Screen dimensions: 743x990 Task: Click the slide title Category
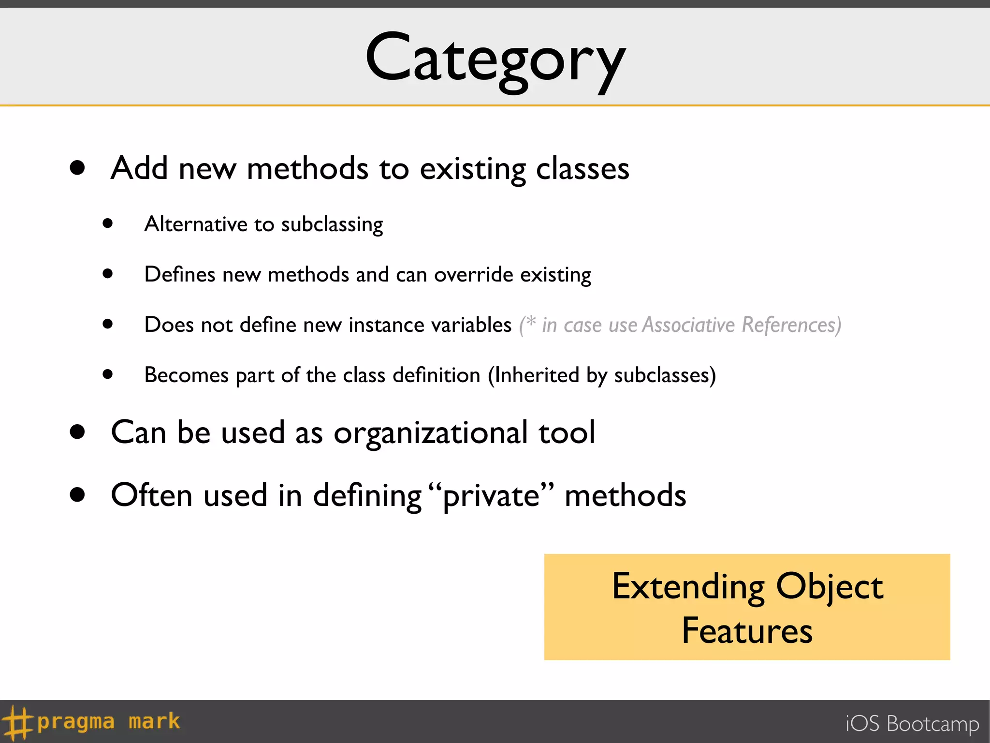click(495, 60)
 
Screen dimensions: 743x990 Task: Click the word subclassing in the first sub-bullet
click(332, 225)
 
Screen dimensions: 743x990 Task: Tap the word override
click(473, 275)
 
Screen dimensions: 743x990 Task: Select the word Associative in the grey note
click(688, 325)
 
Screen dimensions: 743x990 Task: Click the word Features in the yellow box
click(747, 631)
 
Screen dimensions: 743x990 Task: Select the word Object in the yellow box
click(830, 587)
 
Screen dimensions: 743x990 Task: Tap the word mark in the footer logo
click(154, 721)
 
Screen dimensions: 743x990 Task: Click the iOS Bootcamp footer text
click(912, 724)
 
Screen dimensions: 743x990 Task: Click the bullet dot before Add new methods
click(77, 168)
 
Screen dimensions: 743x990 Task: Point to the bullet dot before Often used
click(77, 495)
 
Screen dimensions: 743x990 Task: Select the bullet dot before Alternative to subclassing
click(108, 223)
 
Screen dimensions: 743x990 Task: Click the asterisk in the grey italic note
click(531, 321)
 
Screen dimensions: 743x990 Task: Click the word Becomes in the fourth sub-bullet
click(186, 375)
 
